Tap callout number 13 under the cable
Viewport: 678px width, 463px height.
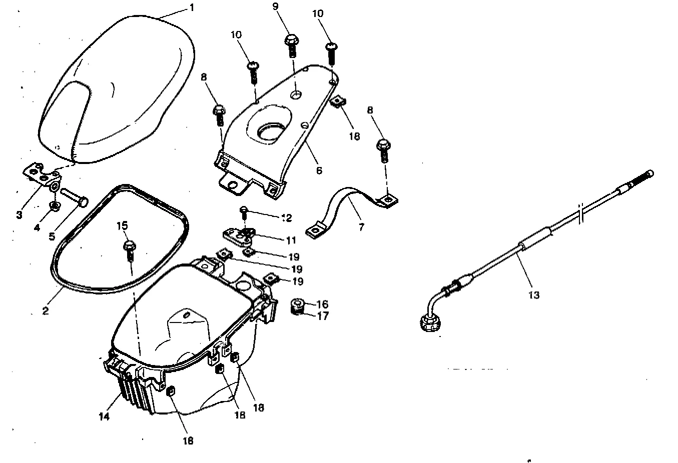coord(534,295)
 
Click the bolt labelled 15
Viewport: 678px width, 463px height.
coord(129,249)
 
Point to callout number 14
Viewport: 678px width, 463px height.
coord(104,416)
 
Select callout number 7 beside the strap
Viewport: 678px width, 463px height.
coord(361,227)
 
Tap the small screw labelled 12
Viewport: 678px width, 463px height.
coord(245,211)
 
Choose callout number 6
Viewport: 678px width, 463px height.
coord(319,170)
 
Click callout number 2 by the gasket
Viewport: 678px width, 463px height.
coord(46,310)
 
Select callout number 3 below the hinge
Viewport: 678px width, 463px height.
coord(20,214)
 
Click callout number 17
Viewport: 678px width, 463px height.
coord(323,316)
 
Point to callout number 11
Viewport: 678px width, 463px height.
coord(291,240)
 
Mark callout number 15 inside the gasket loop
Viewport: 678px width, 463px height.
coord(123,226)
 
